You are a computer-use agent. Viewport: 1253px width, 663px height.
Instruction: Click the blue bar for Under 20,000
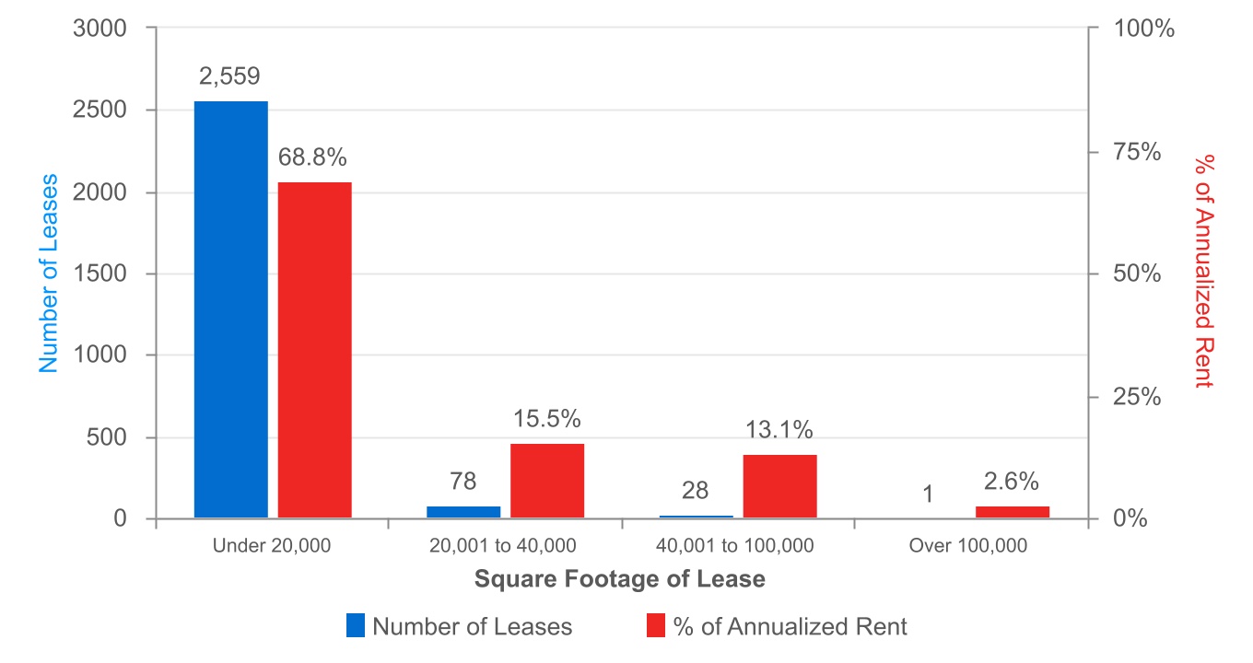(x=230, y=309)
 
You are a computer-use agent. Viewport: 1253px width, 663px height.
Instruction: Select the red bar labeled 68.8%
(x=315, y=350)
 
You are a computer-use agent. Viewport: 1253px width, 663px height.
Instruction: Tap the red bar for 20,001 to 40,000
(x=547, y=481)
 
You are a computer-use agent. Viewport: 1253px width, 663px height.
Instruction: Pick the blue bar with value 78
(x=463, y=512)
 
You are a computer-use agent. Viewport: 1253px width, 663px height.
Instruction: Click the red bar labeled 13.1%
(x=779, y=486)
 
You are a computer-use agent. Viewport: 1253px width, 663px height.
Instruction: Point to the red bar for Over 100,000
(x=1013, y=512)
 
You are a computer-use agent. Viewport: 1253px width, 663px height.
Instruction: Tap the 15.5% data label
(x=547, y=419)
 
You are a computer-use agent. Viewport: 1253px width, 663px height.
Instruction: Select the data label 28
(x=697, y=491)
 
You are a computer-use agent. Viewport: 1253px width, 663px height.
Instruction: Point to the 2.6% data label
(x=1012, y=482)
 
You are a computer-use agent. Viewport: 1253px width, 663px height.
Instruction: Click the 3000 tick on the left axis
(x=100, y=29)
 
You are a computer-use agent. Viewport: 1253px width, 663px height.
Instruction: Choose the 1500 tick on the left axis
(x=100, y=273)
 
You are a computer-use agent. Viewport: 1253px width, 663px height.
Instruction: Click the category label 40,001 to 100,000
(x=735, y=545)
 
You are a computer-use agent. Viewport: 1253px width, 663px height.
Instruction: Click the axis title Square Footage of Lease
(x=619, y=579)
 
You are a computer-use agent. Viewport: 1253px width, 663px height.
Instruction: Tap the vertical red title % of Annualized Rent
(x=1202, y=272)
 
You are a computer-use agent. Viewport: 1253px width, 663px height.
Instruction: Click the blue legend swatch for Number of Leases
(x=356, y=626)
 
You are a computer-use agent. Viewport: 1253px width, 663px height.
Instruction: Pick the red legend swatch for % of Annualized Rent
(x=656, y=626)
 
